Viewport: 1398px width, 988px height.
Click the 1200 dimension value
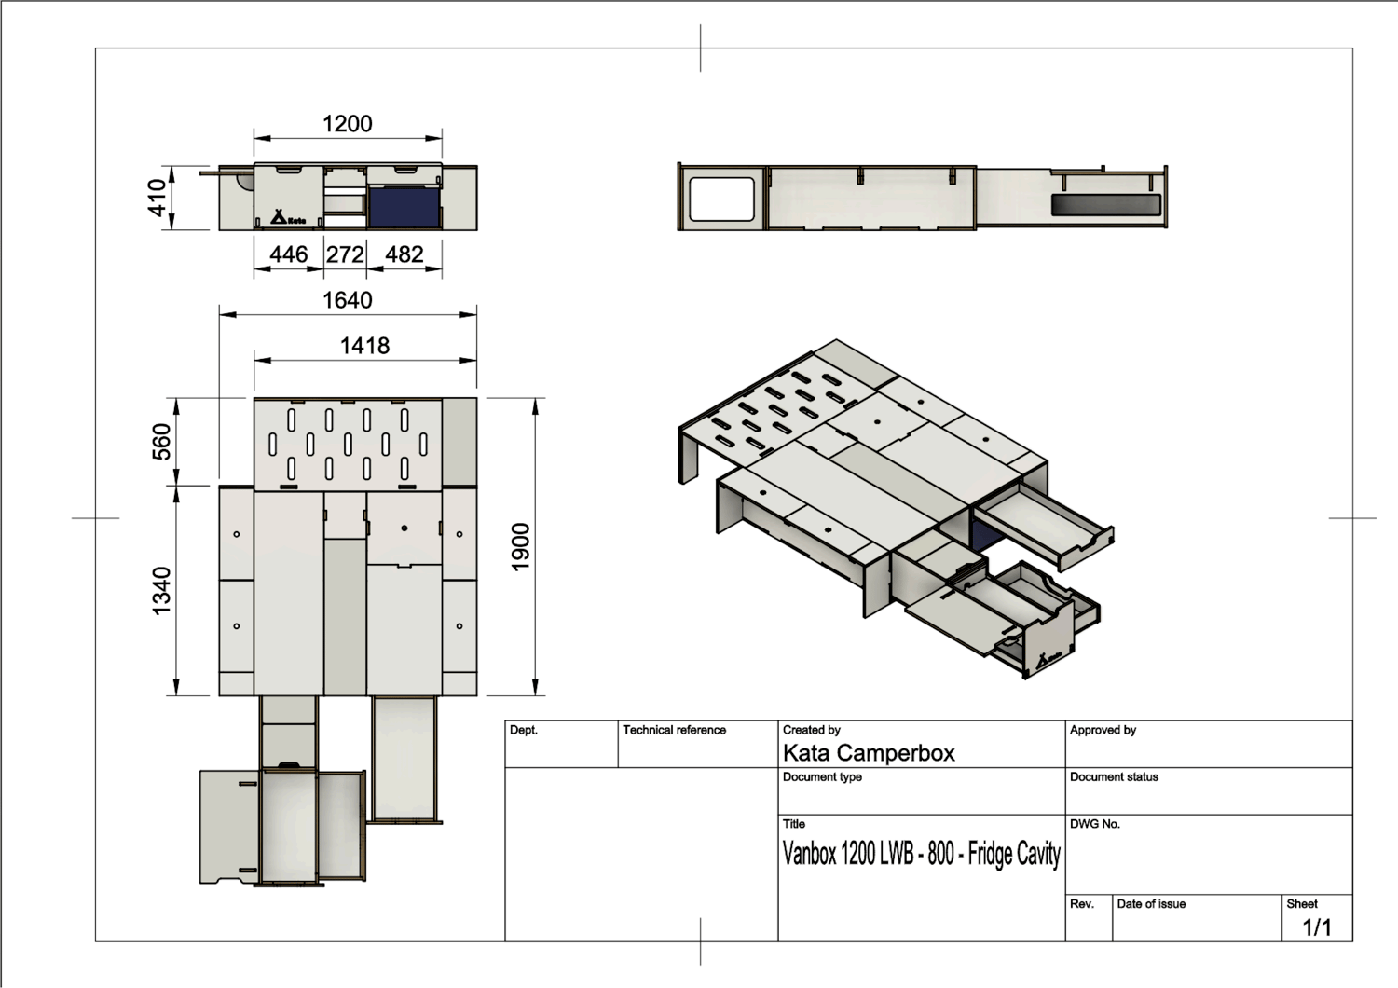tap(348, 124)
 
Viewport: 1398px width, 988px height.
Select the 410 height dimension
tap(157, 198)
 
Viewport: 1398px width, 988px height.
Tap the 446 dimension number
tap(288, 254)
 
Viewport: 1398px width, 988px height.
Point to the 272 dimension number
tap(345, 254)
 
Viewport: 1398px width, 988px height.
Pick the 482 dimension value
tap(404, 254)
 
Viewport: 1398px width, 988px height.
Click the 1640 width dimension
tap(348, 300)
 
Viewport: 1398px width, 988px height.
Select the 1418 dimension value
tap(365, 346)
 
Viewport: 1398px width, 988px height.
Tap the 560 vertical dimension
tap(161, 441)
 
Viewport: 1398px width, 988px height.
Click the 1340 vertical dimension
tap(161, 590)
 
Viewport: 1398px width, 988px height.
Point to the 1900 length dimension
tap(520, 547)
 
